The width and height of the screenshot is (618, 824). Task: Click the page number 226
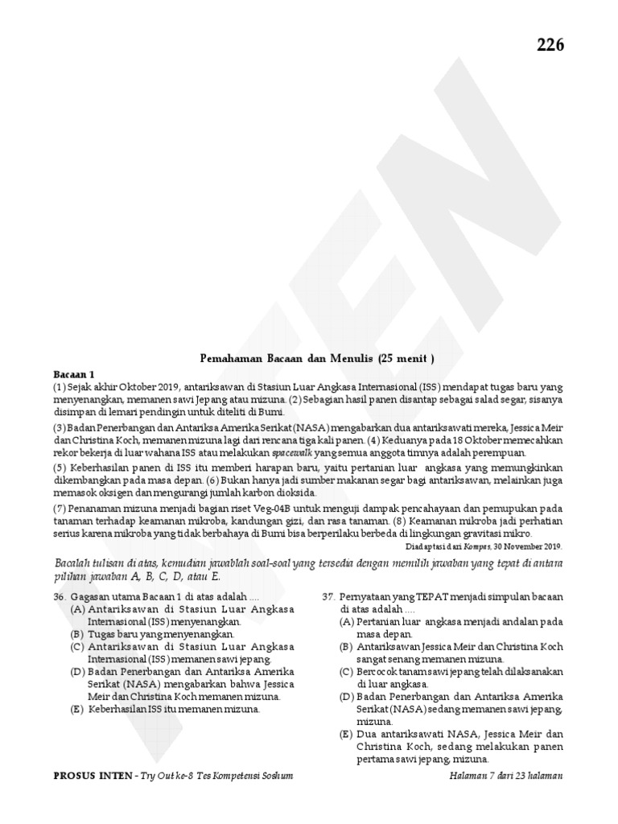click(550, 45)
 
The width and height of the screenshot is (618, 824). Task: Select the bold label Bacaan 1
click(74, 375)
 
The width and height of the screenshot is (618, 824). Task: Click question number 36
click(59, 598)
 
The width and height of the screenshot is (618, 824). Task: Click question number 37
click(328, 598)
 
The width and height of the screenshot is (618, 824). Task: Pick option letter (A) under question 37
click(345, 622)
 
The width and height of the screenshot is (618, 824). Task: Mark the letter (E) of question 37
click(345, 734)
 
